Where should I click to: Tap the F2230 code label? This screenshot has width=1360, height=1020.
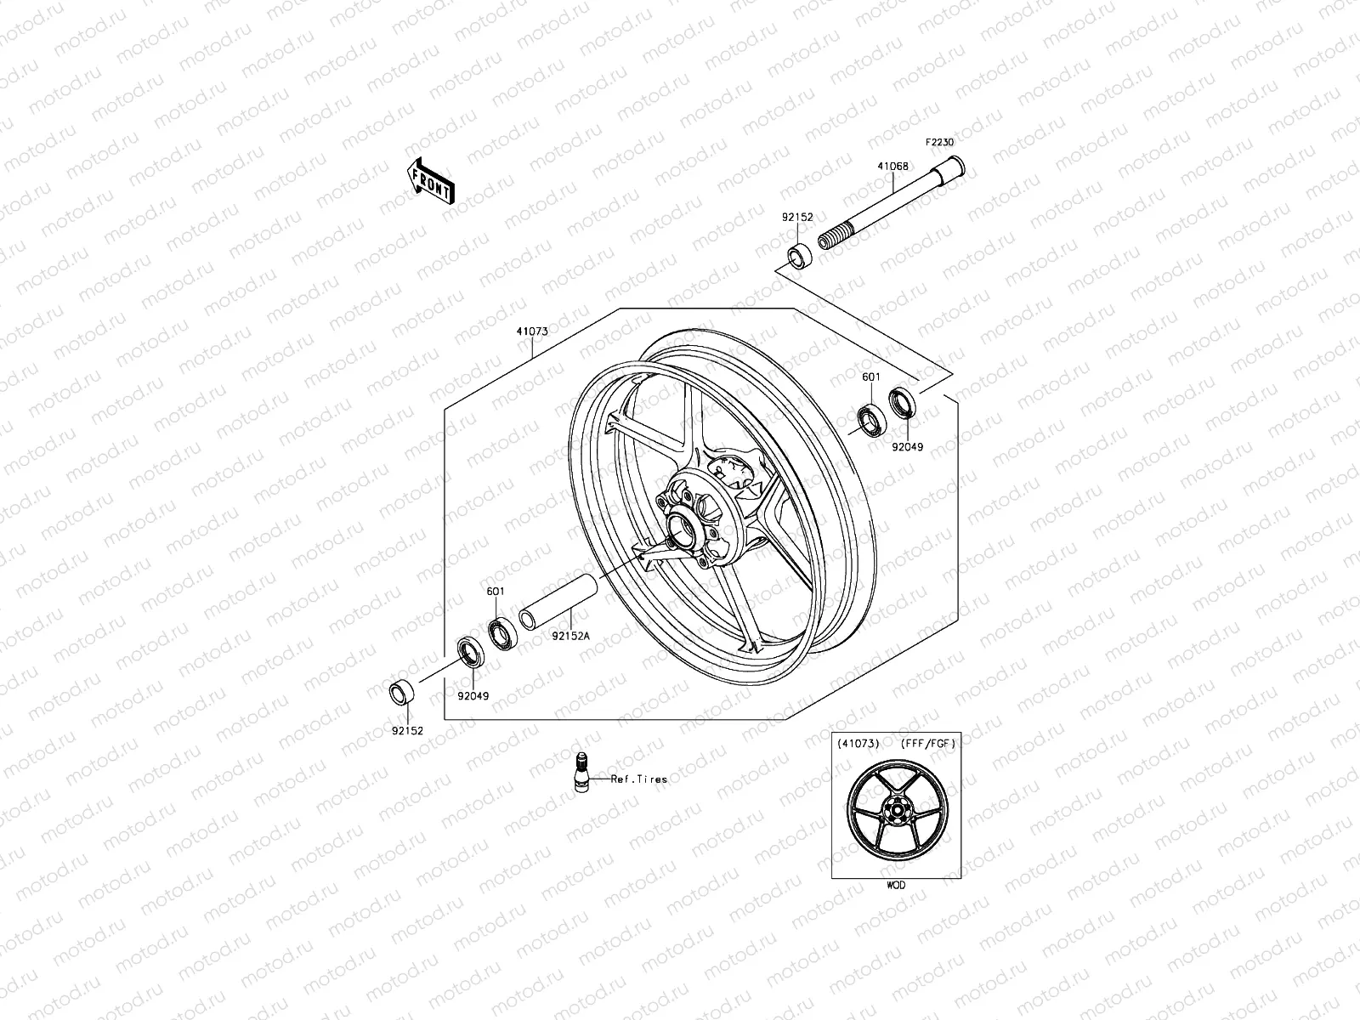pos(963,143)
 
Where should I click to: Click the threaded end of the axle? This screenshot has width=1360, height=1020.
pos(835,235)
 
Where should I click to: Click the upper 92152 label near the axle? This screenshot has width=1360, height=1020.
pos(798,218)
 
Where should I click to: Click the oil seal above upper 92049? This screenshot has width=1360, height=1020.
pos(903,401)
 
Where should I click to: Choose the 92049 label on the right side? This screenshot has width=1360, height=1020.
pos(907,447)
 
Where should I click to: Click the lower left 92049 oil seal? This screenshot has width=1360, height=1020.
pos(470,652)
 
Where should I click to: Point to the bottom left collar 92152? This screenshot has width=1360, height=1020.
pos(401,694)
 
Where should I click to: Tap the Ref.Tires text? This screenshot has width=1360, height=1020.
pos(639,779)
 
